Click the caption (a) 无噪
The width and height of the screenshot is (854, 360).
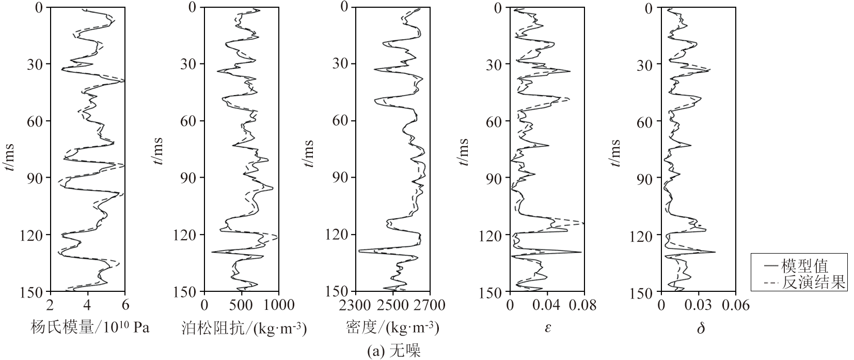[393, 351]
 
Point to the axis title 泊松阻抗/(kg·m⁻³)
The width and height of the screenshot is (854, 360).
[244, 327]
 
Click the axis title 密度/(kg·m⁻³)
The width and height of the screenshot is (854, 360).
[393, 327]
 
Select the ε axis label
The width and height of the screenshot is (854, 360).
[548, 327]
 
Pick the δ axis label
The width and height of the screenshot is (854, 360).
[701, 327]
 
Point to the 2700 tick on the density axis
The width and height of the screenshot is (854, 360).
[430, 305]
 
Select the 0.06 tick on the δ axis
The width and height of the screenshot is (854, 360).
[735, 305]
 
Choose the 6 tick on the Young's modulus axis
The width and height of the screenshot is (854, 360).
[125, 305]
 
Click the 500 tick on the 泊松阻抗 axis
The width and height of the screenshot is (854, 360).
[242, 305]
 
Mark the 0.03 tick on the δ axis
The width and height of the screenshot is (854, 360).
[699, 305]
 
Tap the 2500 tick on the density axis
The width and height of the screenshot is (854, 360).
[393, 305]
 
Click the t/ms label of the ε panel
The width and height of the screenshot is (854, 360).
[464, 152]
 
